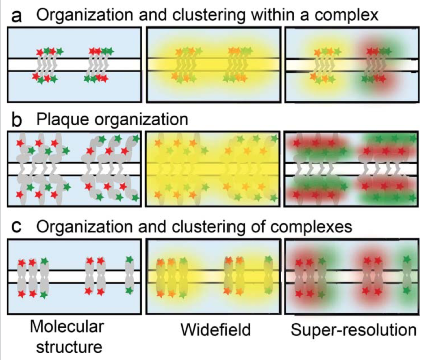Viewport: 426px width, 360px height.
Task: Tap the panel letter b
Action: coord(17,120)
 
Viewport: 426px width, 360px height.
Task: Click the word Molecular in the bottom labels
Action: coord(67,326)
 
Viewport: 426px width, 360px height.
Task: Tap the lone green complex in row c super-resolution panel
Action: coord(407,274)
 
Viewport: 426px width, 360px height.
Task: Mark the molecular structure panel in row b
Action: coord(74,169)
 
